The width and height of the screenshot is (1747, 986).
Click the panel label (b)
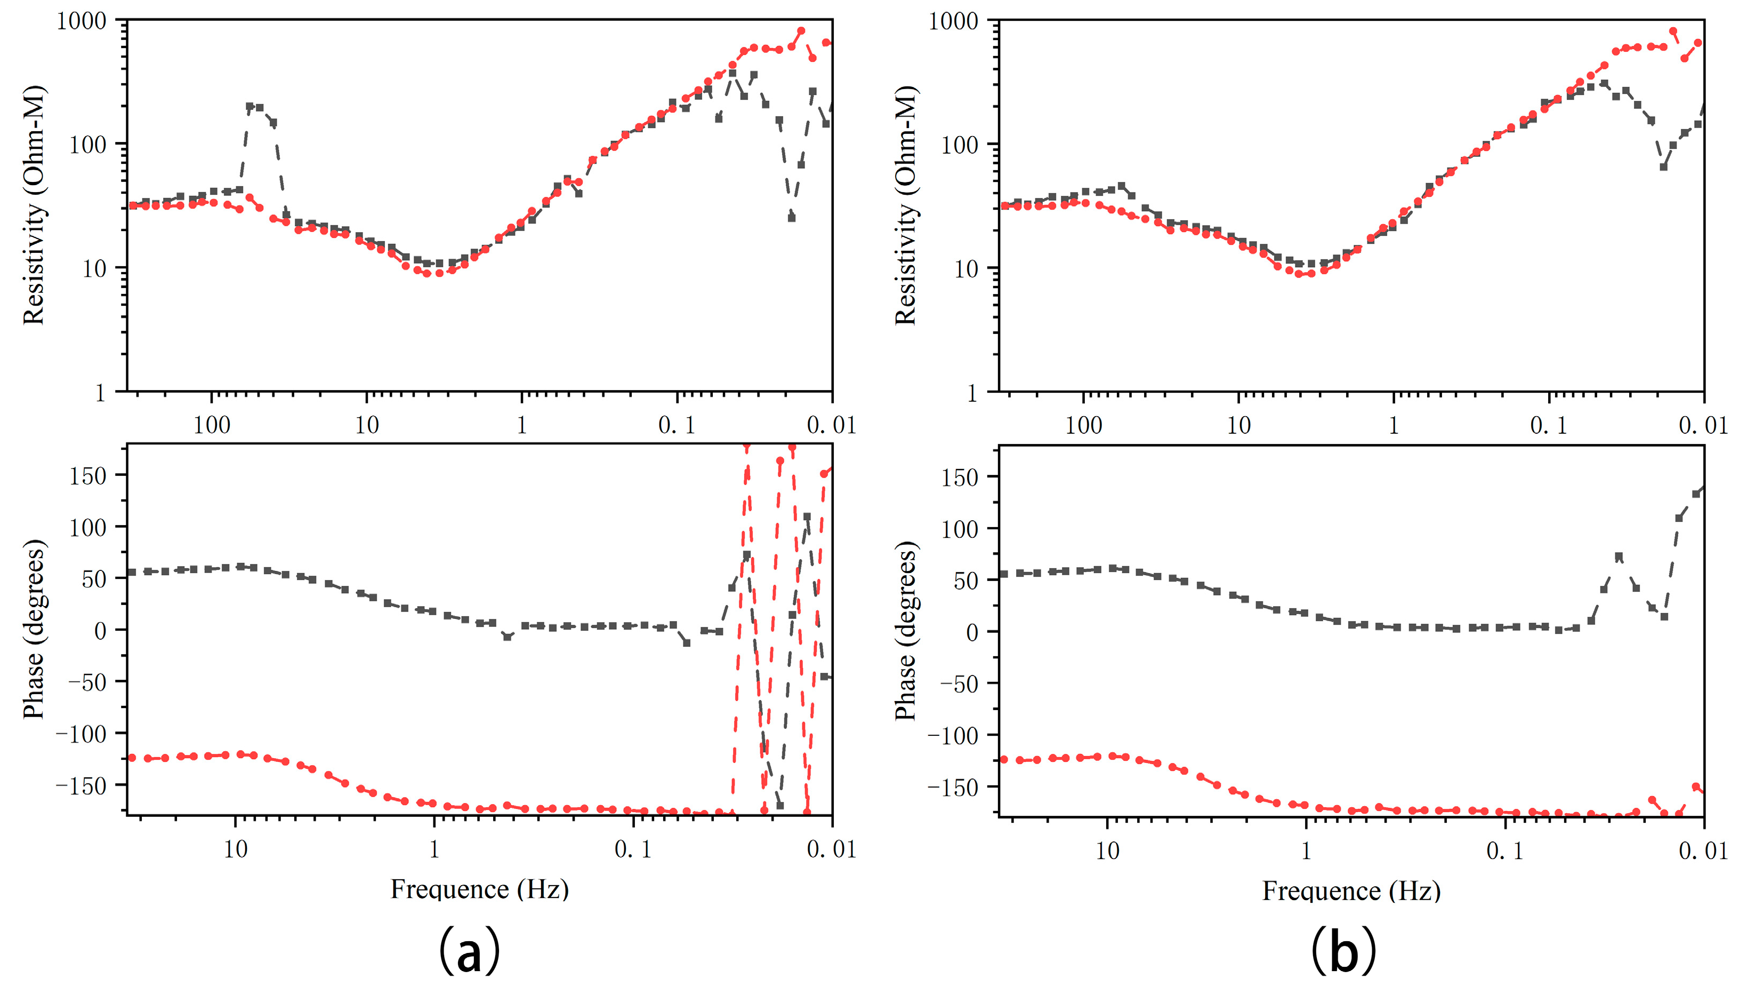1343,950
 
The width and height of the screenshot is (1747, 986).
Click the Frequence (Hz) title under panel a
479,889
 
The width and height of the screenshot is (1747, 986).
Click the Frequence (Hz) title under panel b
1351,891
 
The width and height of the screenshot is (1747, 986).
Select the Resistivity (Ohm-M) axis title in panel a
34,205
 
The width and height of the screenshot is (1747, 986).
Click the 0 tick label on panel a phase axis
100,631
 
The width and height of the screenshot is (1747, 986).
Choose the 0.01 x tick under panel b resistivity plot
1703,425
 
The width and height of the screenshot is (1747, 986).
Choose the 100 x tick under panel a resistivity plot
212,425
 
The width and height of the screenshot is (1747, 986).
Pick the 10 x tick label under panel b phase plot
1107,850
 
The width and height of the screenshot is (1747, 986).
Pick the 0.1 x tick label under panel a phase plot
633,849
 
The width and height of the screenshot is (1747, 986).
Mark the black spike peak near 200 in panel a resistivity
249,107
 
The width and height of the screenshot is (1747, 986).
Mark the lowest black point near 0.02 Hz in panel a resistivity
792,218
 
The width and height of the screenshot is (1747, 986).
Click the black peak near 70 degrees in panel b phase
1619,556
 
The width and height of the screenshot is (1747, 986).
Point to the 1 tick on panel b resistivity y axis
972,392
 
